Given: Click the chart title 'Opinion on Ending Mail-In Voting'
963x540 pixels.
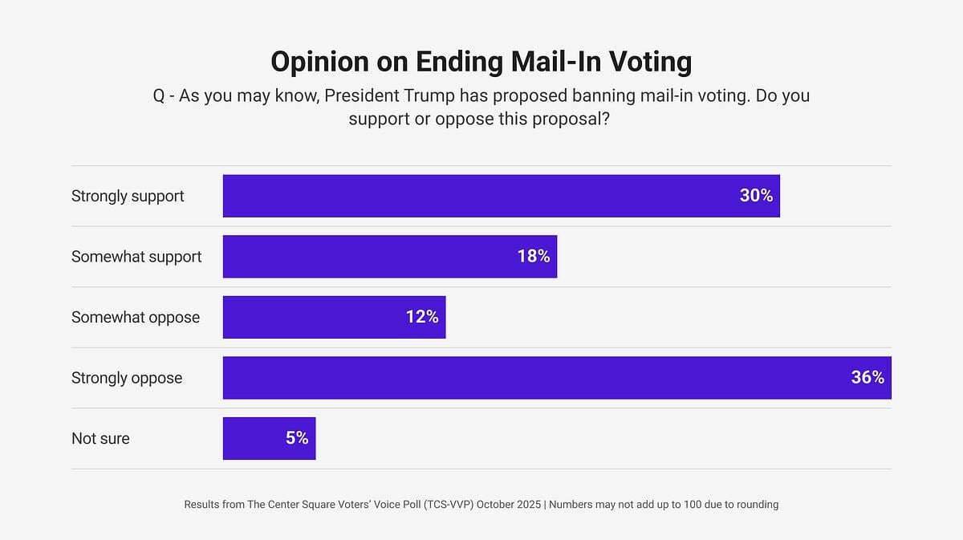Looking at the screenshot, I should [x=481, y=62].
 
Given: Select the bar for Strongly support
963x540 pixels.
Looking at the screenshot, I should [x=481, y=196].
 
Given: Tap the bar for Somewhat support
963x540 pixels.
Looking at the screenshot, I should [x=369, y=257].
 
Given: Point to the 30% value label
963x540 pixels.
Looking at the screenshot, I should [x=756, y=196].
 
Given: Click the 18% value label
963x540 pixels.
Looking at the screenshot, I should [x=533, y=257].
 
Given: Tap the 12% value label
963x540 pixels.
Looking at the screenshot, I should [x=421, y=317].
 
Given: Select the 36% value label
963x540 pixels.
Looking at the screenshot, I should [x=868, y=378].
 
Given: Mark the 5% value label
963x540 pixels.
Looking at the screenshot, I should [x=296, y=438].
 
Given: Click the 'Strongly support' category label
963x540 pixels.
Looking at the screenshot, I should [x=128, y=196].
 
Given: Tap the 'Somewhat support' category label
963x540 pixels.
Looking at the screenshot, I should [x=136, y=257].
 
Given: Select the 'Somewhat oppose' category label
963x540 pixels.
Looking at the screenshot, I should [x=136, y=317].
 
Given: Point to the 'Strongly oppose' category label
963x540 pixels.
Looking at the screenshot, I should [x=127, y=378].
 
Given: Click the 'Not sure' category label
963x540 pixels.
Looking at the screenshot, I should [x=100, y=438].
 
